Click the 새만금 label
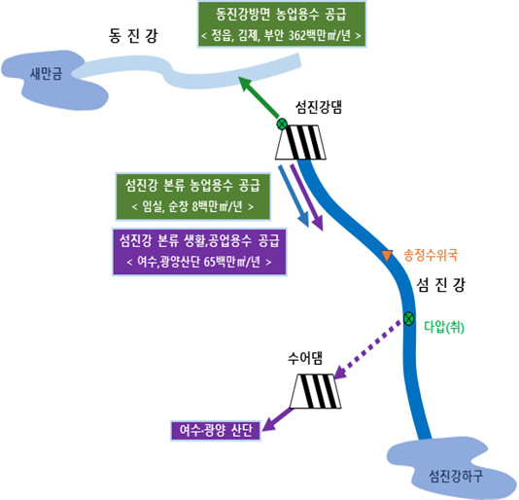click(x=46, y=74)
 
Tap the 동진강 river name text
click(x=133, y=36)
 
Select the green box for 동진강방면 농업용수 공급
click(x=282, y=24)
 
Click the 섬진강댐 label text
click(x=319, y=107)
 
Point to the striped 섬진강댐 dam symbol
click(x=300, y=142)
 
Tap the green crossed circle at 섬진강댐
click(x=282, y=125)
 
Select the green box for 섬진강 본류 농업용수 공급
click(x=193, y=196)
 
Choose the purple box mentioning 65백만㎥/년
click(x=199, y=252)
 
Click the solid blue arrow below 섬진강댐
click(x=294, y=196)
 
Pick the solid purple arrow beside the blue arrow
click(x=306, y=196)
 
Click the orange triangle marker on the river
click(x=387, y=255)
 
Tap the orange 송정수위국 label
click(x=431, y=255)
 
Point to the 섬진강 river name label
click(x=440, y=285)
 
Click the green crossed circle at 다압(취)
click(x=409, y=319)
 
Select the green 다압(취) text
click(x=444, y=328)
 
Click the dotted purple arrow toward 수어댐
click(x=367, y=349)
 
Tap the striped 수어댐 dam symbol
click(x=316, y=391)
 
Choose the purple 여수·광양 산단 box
click(x=216, y=430)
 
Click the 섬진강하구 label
click(x=456, y=476)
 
